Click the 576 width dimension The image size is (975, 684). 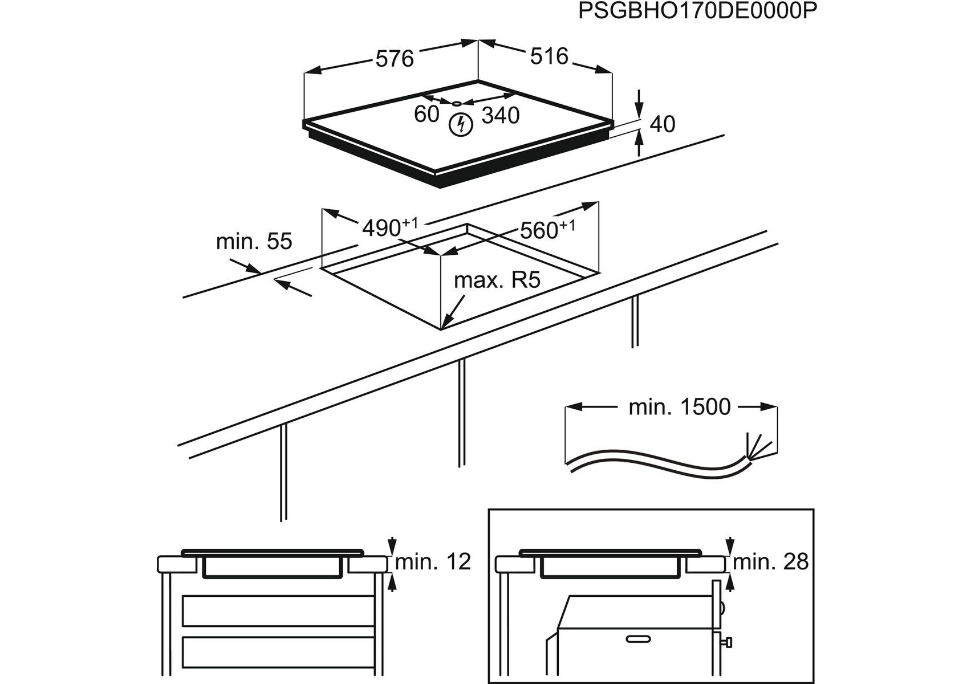[x=395, y=59]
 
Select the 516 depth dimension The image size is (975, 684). [x=549, y=56]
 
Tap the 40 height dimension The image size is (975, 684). [x=662, y=124]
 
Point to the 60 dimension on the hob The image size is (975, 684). [x=426, y=114]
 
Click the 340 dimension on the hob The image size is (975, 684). [x=500, y=116]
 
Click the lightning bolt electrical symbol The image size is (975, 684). [x=460, y=125]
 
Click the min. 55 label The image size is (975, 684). [x=254, y=241]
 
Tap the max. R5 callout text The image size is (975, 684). [x=497, y=280]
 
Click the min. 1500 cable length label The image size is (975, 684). [x=679, y=407]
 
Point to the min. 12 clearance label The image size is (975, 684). [x=433, y=562]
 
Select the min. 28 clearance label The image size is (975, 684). [x=771, y=562]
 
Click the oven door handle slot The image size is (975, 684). [x=639, y=640]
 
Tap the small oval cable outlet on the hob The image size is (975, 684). [x=457, y=104]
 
